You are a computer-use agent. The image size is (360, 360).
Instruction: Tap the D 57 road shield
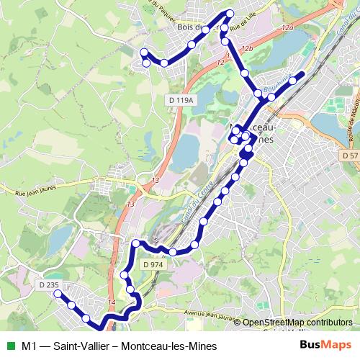point(350,156)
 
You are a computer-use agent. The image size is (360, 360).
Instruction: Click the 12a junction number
point(288,27)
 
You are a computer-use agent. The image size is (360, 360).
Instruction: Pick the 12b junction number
point(248,48)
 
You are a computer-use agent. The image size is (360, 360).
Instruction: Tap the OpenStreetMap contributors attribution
point(297,322)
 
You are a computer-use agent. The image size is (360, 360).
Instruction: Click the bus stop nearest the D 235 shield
point(57,295)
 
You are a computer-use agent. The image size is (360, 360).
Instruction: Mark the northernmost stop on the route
point(230,13)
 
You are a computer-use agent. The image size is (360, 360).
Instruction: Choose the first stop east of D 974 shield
point(174,251)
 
